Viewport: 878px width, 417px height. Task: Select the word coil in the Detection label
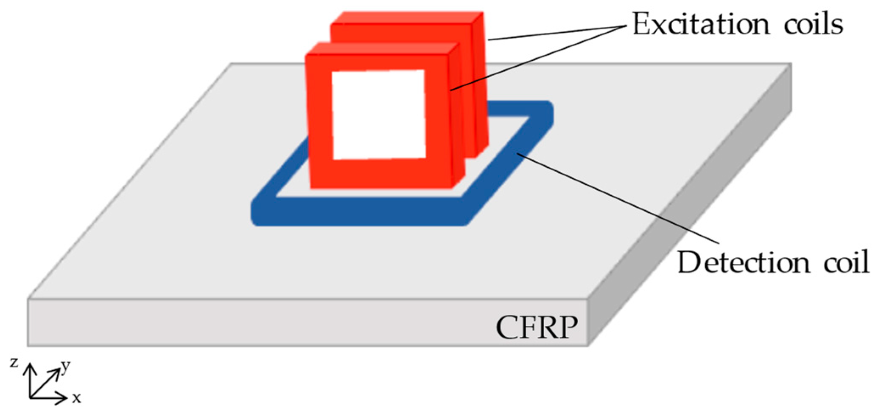click(846, 263)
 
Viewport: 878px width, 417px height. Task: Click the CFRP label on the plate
click(537, 328)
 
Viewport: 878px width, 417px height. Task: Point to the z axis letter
click(14, 363)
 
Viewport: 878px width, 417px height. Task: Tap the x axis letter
click(76, 398)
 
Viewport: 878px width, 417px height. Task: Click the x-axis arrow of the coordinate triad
click(49, 398)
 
